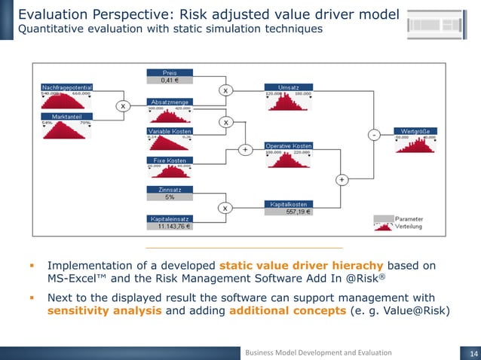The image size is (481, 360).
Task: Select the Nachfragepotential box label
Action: (x=66, y=88)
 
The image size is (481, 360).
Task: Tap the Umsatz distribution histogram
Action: (x=290, y=102)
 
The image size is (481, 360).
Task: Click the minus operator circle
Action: (x=373, y=134)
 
